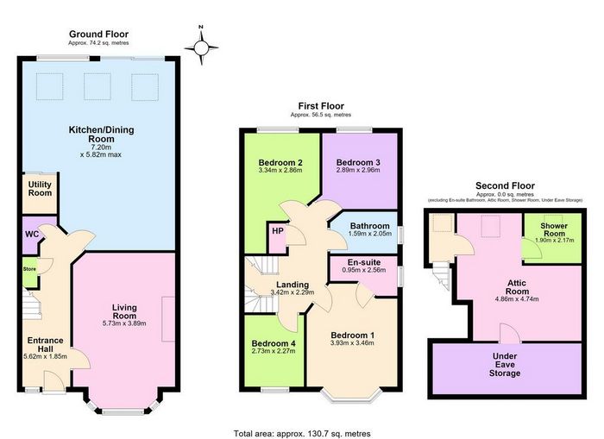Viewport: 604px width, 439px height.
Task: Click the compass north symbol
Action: [x=201, y=47]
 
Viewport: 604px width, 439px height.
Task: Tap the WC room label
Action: [x=32, y=234]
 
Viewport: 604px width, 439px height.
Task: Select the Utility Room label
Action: [x=40, y=189]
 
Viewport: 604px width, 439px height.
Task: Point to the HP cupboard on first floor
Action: [x=277, y=231]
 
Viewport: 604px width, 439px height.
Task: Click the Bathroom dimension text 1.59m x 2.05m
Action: [x=370, y=234]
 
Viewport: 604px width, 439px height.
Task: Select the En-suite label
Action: [x=364, y=262]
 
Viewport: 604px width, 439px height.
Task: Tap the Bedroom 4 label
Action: [x=274, y=343]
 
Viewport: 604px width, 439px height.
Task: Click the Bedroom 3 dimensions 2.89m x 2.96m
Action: [x=358, y=170]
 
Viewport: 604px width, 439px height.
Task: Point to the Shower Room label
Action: [x=554, y=229]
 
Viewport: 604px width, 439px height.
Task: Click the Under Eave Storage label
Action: [x=505, y=364]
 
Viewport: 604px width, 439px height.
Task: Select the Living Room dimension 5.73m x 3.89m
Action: [x=124, y=323]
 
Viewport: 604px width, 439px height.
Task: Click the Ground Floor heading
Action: [x=98, y=34]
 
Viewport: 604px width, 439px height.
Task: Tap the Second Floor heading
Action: [x=505, y=185]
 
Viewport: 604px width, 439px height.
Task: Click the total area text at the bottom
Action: [x=302, y=434]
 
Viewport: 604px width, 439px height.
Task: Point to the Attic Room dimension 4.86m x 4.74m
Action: [x=517, y=298]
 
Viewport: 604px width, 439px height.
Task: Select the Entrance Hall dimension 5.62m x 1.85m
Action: [x=45, y=356]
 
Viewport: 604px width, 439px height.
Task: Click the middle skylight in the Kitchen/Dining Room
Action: [x=97, y=86]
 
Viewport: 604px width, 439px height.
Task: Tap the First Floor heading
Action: [x=321, y=106]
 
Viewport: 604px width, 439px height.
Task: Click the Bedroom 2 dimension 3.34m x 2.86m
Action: [x=280, y=170]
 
